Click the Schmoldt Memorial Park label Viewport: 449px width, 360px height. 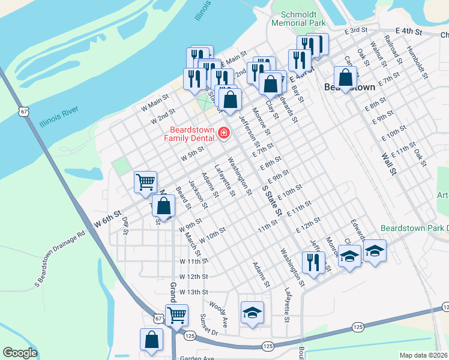(x=298, y=18)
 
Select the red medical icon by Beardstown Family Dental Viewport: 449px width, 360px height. (x=224, y=132)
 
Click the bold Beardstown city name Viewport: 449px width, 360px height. (x=349, y=87)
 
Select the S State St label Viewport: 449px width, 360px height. (x=273, y=200)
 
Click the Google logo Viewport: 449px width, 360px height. (x=20, y=353)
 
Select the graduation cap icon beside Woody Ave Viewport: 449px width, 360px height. (x=252, y=312)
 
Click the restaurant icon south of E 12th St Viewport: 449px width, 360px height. (x=313, y=262)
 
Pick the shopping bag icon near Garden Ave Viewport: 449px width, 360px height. (x=152, y=339)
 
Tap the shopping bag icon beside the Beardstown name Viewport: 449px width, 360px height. (x=346, y=77)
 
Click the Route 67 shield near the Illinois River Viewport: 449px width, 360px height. (x=23, y=112)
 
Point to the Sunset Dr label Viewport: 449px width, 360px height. (x=211, y=325)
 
